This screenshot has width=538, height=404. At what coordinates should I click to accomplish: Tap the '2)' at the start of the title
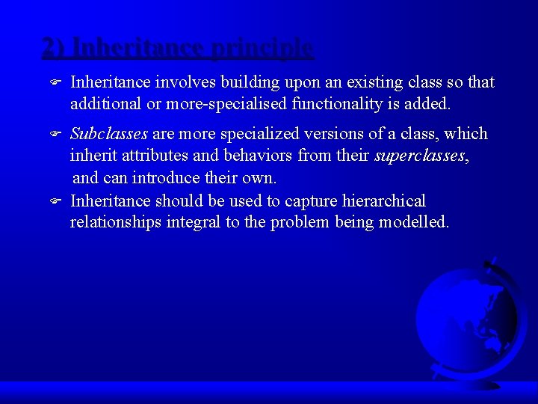pos(55,48)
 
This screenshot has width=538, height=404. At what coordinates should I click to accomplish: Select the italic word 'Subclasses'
pos(109,134)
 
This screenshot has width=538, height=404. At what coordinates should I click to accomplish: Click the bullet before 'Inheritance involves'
pos(55,82)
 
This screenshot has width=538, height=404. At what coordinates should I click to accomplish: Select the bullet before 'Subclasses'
pos(55,135)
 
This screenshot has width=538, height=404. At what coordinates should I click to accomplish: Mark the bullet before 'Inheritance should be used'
pos(55,201)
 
